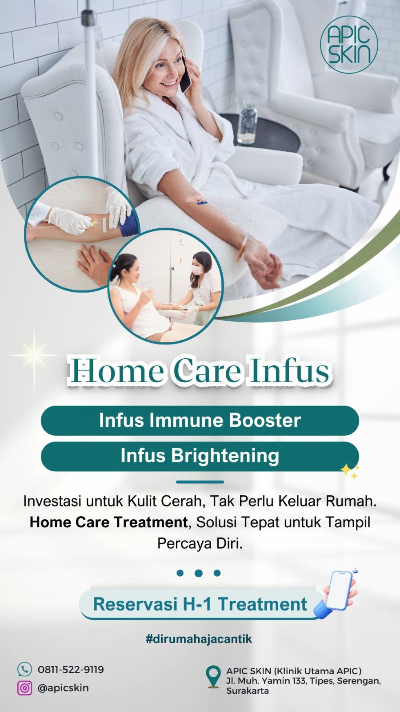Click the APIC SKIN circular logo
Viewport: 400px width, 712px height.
[x=349, y=44]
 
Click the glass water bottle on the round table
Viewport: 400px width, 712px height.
[x=247, y=122]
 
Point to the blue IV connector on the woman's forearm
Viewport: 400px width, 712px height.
[x=201, y=202]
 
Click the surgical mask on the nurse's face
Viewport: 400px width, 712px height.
[x=197, y=270]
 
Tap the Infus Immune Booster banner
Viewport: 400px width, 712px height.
[x=200, y=420]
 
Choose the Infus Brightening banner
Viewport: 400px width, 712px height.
[x=200, y=456]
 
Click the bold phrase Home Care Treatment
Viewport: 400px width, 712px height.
[x=108, y=522]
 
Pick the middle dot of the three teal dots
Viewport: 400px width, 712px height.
[x=199, y=573]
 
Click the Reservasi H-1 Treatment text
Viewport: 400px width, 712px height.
[x=200, y=604]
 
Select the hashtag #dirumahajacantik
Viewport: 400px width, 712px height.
[x=199, y=639]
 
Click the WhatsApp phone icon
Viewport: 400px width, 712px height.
[x=24, y=669]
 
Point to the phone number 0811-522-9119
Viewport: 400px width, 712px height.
[x=71, y=669]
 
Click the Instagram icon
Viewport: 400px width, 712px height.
[x=24, y=688]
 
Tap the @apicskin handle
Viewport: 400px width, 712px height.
[x=63, y=688]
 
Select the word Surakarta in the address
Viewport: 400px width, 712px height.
[x=247, y=691]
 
